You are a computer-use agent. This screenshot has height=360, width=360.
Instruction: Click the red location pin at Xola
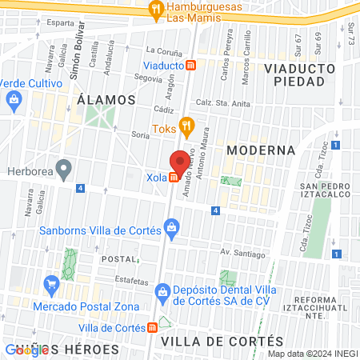180,160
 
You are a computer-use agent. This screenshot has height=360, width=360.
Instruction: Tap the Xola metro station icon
174,177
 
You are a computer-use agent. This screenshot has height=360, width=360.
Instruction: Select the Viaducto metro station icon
190,66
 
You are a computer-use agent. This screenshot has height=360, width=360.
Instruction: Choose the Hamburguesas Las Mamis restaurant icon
157,10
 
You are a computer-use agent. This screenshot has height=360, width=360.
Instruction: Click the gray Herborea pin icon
66,169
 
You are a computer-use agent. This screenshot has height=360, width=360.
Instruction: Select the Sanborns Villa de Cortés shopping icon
172,229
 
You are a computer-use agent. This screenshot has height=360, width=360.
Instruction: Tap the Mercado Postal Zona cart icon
52,283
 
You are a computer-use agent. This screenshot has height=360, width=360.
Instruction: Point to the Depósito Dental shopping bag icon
162,290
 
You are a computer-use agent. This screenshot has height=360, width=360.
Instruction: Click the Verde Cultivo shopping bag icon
13,99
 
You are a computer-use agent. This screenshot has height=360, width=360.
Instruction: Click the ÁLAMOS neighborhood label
106,99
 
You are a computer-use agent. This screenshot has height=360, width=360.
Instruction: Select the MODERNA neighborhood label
261,150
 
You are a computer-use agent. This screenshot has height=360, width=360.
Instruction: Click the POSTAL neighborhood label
118,259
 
